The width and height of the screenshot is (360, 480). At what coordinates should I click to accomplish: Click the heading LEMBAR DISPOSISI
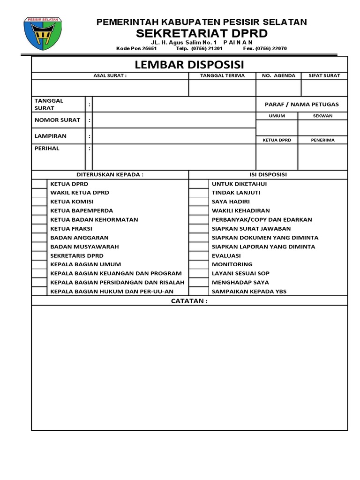click(x=189, y=64)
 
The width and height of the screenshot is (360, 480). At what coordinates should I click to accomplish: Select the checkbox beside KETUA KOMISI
click(x=39, y=202)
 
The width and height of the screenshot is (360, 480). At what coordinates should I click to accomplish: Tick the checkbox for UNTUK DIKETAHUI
click(x=198, y=184)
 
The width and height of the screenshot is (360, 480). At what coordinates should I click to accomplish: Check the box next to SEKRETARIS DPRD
click(x=39, y=255)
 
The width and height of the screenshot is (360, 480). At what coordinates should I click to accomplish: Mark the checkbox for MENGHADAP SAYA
click(x=198, y=282)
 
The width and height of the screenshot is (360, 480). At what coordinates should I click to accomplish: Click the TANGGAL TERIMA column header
click(x=222, y=75)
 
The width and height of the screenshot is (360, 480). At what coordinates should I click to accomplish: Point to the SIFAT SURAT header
click(x=324, y=75)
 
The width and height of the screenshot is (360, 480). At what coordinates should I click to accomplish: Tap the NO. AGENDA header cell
click(x=278, y=75)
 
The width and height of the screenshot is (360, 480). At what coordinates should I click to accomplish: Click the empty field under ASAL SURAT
click(x=110, y=88)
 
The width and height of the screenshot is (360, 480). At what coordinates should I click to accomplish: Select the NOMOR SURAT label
click(x=57, y=120)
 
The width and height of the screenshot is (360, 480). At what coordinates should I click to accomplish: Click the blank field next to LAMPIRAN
click(x=173, y=136)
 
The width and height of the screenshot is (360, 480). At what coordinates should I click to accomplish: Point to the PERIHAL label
click(x=47, y=148)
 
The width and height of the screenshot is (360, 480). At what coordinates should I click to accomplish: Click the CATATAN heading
click(x=189, y=301)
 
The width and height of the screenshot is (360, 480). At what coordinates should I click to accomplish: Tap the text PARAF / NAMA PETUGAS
click(x=301, y=104)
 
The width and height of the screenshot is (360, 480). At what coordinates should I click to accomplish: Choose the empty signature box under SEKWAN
click(x=322, y=127)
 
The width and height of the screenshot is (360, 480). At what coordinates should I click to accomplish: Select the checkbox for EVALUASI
click(x=198, y=255)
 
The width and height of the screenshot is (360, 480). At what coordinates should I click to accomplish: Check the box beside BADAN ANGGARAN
click(x=39, y=238)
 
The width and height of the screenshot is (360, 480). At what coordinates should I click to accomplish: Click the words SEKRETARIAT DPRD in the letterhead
click(x=202, y=33)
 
